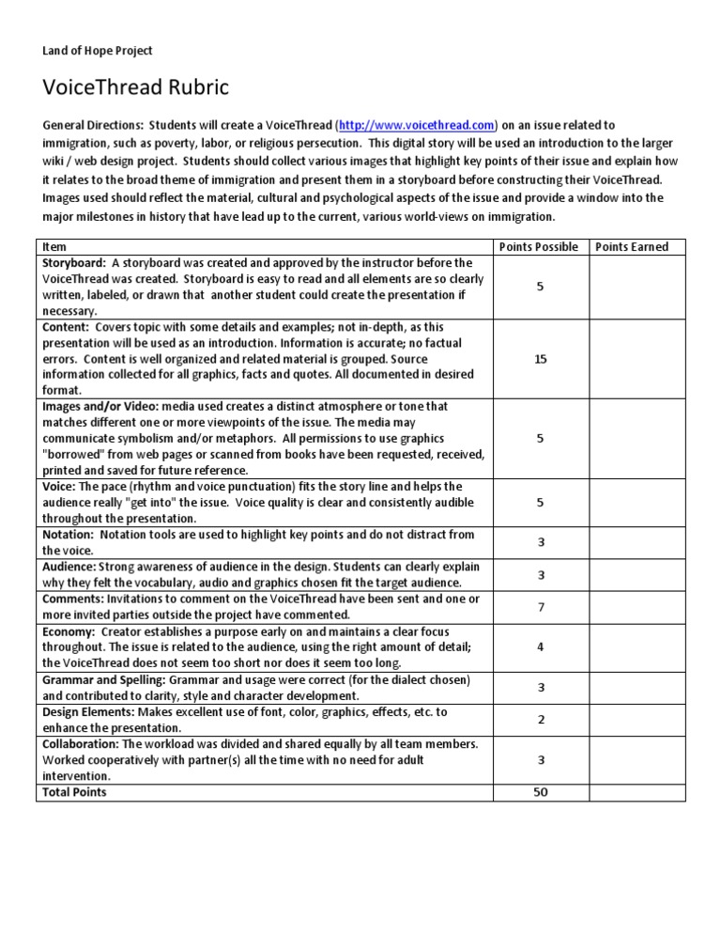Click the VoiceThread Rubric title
point(136,88)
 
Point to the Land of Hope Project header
point(98,51)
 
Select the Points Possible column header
point(540,247)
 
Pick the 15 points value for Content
point(540,359)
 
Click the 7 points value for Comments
point(540,607)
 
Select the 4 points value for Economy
point(540,646)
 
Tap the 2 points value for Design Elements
point(540,720)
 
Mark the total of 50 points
point(540,792)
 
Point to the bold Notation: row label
point(69,535)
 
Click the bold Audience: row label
point(69,567)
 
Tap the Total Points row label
point(74,792)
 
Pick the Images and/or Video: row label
point(100,407)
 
